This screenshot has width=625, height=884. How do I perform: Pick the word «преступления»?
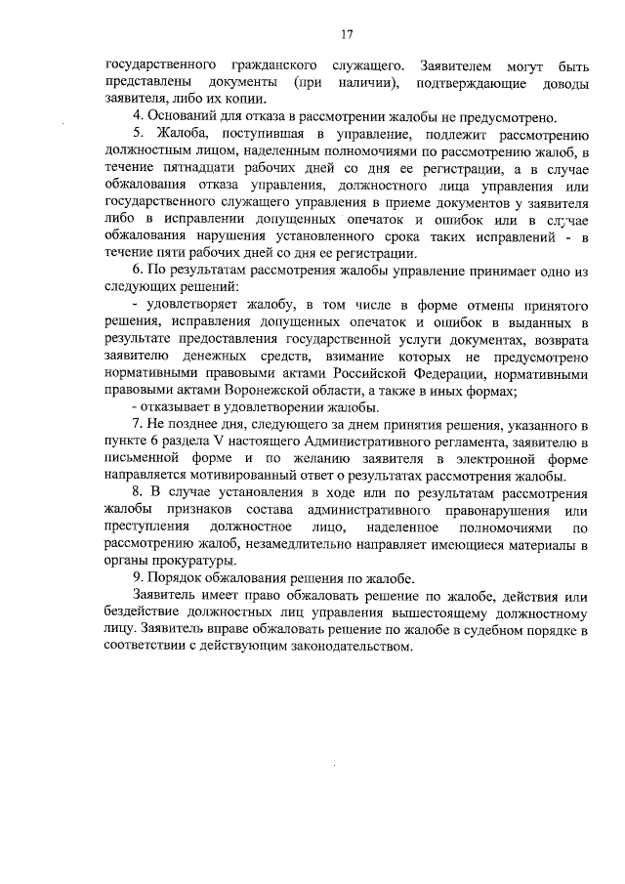146,527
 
